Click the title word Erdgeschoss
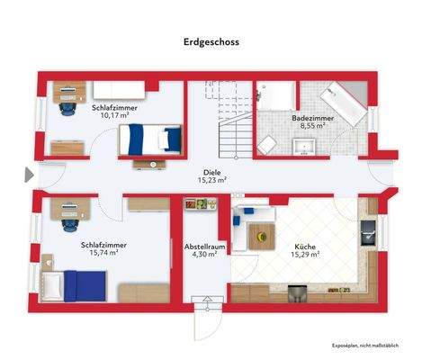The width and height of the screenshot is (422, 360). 211,40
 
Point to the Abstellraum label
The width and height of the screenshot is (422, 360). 204,245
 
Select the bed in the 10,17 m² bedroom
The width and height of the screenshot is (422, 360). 148,139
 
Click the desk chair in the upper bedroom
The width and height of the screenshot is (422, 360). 67,107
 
